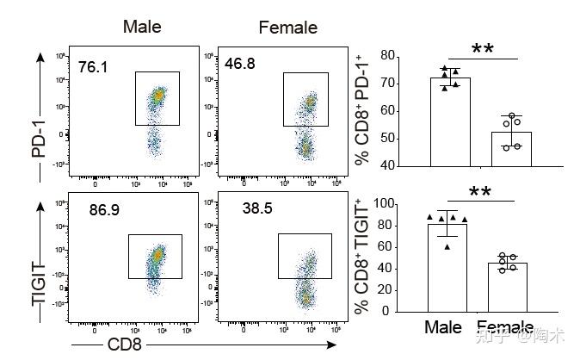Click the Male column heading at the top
point(142,26)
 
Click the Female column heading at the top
point(287,28)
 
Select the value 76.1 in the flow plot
point(93,66)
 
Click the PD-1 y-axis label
point(37,136)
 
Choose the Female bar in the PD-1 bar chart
point(511,148)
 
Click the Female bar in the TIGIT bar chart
point(508,287)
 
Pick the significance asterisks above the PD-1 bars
point(482,48)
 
